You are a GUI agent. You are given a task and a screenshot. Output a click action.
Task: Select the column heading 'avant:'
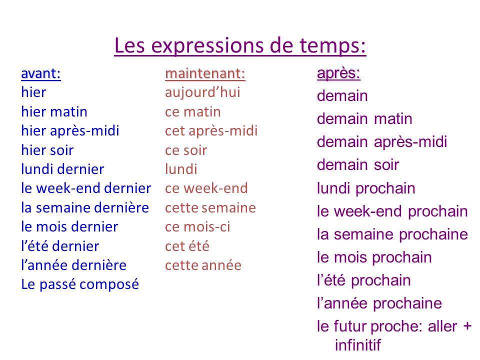(41, 74)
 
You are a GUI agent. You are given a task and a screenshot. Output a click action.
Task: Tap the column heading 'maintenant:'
(205, 74)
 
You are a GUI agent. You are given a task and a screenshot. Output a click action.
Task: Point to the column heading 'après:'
(337, 73)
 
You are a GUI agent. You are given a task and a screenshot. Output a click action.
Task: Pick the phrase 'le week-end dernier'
(86, 188)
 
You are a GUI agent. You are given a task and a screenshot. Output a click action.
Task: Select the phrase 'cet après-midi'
(211, 131)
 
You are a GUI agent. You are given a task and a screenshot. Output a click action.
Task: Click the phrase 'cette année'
(203, 265)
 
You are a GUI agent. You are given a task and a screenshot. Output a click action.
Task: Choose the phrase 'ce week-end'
(206, 188)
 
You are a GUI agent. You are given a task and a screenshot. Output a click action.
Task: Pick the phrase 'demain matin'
(364, 119)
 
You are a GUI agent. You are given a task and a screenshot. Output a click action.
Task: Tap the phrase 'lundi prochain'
(366, 189)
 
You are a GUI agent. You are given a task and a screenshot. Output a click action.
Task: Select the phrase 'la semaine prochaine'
(392, 234)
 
